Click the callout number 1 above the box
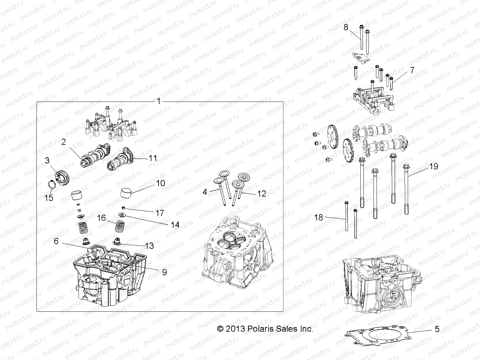[159, 101]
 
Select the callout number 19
[433, 167]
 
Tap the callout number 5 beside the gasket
[437, 329]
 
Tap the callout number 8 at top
[346, 27]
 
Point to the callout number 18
[319, 217]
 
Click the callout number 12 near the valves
[262, 193]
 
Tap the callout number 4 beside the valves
[205, 192]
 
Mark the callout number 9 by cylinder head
[164, 272]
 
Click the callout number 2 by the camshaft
[64, 142]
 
